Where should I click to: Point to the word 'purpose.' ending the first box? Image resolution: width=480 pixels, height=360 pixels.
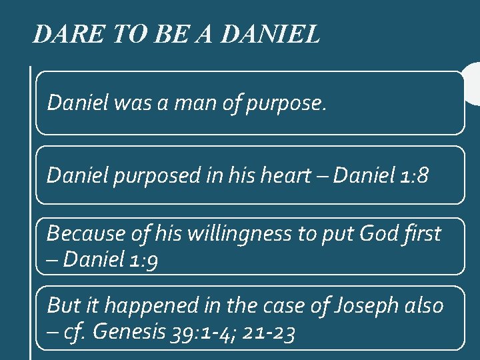286,103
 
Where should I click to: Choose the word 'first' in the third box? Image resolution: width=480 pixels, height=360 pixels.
423,234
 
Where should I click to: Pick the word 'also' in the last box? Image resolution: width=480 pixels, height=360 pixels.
425,306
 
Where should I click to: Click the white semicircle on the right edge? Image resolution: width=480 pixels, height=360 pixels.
473,83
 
